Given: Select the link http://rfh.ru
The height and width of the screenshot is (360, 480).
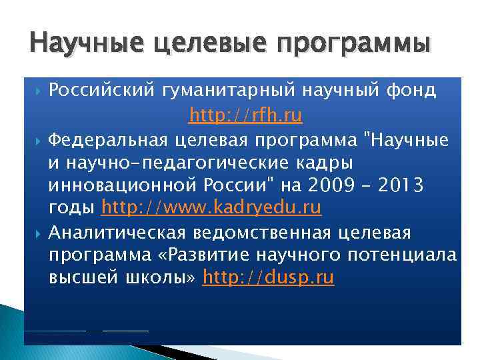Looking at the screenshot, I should click(x=245, y=117).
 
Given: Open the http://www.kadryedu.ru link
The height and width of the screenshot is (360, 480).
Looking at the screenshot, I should click(x=211, y=208).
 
